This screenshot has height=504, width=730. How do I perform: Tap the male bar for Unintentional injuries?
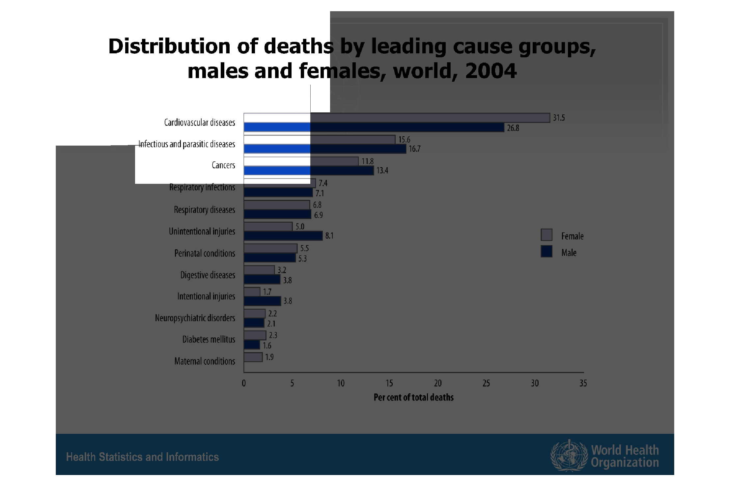(283, 236)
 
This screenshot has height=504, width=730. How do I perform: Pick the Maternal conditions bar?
(253, 357)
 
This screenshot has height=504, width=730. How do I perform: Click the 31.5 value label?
(559, 118)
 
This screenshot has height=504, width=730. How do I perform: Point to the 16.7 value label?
(414, 149)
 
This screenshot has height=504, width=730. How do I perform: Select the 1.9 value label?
(269, 357)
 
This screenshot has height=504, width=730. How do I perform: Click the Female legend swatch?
(547, 235)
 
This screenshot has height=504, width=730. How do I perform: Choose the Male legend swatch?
(547, 251)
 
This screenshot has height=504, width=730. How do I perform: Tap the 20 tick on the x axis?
(437, 383)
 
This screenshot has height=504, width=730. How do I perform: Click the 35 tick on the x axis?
(583, 383)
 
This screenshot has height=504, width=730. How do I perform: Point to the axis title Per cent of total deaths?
(413, 398)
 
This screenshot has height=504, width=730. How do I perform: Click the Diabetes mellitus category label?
(209, 339)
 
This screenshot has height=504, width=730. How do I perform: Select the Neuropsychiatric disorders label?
(195, 318)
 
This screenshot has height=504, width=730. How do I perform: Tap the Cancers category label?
(223, 165)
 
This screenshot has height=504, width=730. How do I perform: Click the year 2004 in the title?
(491, 71)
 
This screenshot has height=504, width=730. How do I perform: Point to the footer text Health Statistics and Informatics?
(142, 457)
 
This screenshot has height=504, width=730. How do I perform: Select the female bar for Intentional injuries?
(252, 292)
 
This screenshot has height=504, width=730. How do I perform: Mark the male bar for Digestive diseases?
(262, 280)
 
